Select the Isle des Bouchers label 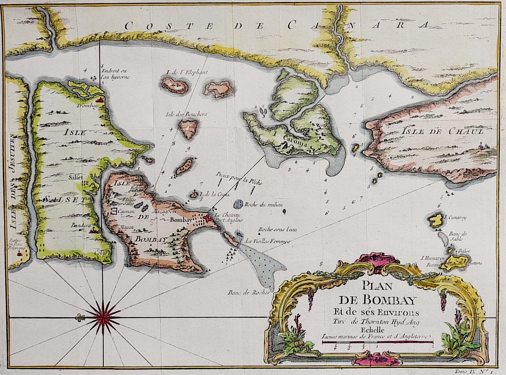(186, 114)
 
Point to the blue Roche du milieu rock (239, 204)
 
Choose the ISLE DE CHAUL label (442, 131)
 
